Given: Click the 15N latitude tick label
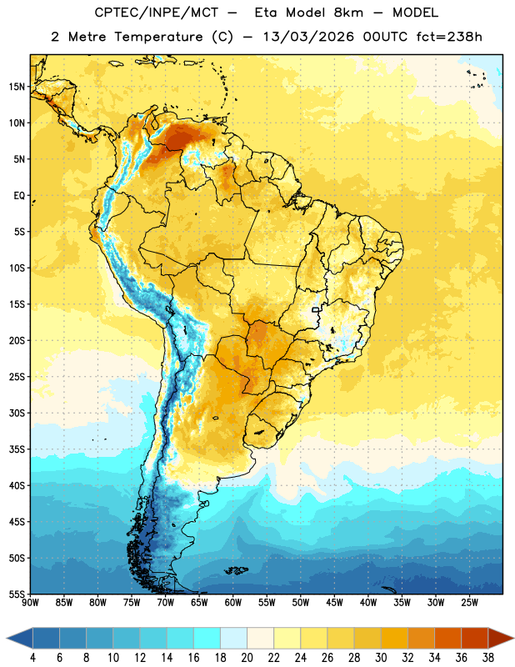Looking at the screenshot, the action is [17, 87].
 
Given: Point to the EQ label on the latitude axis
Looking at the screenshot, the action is [19, 196].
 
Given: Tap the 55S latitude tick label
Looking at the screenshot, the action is [17, 594].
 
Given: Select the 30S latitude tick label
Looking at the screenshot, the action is [17, 413].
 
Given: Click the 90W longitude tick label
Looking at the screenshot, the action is [30, 602].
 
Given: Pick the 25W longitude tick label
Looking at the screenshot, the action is [469, 602].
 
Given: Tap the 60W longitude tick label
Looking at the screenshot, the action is [233, 602].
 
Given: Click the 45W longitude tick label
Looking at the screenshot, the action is [334, 602].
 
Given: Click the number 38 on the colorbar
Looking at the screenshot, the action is [488, 658].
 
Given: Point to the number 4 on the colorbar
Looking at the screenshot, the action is [32, 658].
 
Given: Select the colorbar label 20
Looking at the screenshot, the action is [247, 658].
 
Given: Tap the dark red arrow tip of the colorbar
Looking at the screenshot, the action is [513, 638].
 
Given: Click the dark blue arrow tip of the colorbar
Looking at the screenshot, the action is [7, 638].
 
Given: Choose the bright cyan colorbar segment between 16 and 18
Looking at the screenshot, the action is [207, 638].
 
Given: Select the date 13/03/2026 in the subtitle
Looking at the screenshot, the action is [308, 37].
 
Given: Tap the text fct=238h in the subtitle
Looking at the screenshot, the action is [449, 37].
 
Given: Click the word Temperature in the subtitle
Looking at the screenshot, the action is [158, 38].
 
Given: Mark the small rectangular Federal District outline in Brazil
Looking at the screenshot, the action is [316, 309].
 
